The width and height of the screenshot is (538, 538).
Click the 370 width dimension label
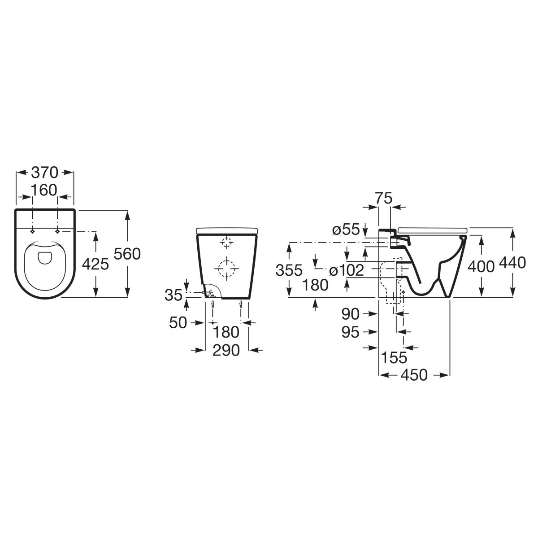click(44, 173)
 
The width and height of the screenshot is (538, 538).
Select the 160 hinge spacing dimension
click(44, 190)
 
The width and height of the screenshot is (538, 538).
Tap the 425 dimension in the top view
click(95, 264)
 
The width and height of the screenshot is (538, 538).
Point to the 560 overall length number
click(127, 254)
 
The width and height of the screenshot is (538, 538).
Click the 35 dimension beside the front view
click(174, 295)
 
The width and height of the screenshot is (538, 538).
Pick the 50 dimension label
click(178, 323)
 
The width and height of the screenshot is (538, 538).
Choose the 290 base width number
click(226, 350)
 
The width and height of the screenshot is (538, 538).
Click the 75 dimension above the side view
click(383, 198)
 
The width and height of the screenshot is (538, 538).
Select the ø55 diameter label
click(346, 230)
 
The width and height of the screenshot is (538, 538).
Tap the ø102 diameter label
click(347, 270)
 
